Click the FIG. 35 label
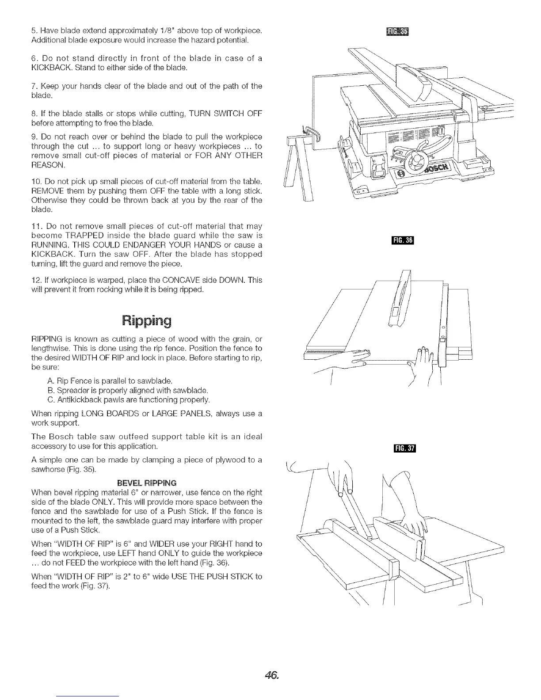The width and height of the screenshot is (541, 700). click(398, 31)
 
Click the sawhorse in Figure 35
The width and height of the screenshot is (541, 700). click(297, 168)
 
